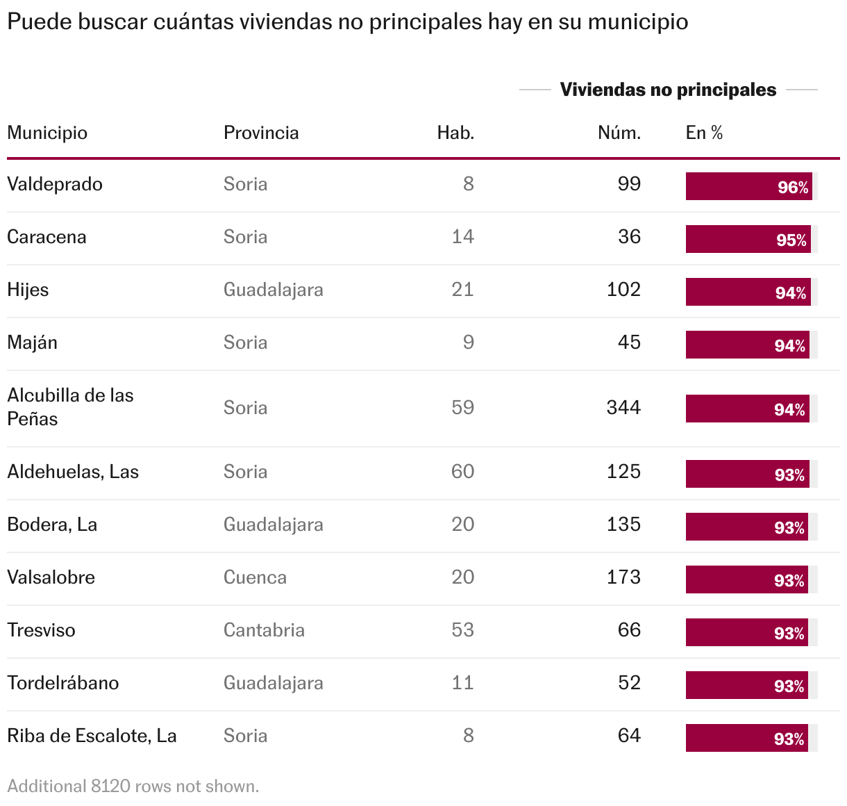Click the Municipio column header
coord(47,133)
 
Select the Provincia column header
coord(261,133)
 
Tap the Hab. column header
coord(455,133)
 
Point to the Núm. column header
coord(619,133)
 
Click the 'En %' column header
coord(704,133)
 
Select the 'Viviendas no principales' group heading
coord(668,90)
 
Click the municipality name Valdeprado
coord(55,184)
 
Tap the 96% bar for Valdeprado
coord(749,186)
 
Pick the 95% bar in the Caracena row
coord(748,239)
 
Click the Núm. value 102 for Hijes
coord(623,290)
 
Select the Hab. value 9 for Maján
coord(469,343)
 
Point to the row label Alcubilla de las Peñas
coord(70,407)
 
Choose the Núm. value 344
coord(623,408)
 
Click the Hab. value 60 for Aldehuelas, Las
coord(462,472)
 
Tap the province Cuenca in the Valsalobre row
coord(255,577)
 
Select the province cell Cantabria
coord(264,630)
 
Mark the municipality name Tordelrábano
coord(63,683)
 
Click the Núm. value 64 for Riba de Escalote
coord(629,736)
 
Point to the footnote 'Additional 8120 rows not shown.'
coord(133,787)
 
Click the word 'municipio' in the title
coord(638,22)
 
